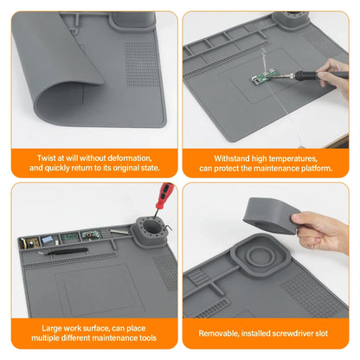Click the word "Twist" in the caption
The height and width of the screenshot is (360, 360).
tap(48, 158)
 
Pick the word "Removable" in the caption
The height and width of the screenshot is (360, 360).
tap(220, 332)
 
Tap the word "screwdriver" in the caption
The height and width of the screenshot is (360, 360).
tap(294, 332)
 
